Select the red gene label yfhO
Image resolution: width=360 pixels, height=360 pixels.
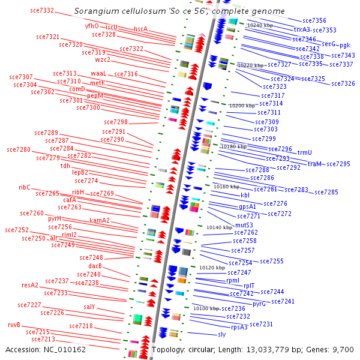pyautogui.click(x=92, y=26)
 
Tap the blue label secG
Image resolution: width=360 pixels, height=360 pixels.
pyautogui.click(x=328, y=44)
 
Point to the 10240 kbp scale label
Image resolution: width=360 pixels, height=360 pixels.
pyautogui.click(x=260, y=26)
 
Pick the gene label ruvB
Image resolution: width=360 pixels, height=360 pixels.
pyautogui.click(x=14, y=325)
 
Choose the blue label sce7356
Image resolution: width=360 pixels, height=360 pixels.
pyautogui.click(x=314, y=20)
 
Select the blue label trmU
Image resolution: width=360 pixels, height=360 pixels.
pyautogui.click(x=305, y=152)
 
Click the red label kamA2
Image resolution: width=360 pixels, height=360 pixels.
pyautogui.click(x=100, y=220)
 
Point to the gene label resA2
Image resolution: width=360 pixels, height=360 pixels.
pyautogui.click(x=30, y=285)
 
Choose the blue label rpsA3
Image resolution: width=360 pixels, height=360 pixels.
pyautogui.click(x=239, y=327)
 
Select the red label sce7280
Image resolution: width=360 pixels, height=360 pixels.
pyautogui.click(x=18, y=149)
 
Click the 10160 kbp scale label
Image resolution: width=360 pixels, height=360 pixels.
pyautogui.click(x=226, y=187)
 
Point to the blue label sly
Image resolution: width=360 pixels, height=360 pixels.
pyautogui.click(x=221, y=334)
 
